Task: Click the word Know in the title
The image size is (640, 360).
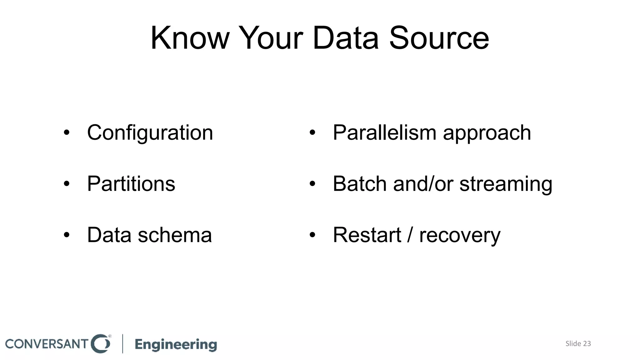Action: (190, 38)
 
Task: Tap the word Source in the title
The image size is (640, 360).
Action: (439, 38)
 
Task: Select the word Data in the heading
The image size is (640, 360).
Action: (345, 38)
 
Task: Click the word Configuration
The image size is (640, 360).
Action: (150, 133)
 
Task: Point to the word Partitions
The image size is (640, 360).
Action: (131, 184)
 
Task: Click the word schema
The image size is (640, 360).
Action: (175, 235)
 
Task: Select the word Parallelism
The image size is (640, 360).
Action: (384, 133)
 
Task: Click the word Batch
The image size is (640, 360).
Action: (359, 184)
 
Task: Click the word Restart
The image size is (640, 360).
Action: (367, 235)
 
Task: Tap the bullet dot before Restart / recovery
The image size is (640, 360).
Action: (312, 235)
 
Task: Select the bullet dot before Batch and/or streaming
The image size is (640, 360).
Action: (312, 184)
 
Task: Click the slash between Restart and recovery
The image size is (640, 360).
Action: (410, 235)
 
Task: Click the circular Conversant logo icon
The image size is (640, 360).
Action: (101, 344)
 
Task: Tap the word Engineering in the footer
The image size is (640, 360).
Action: (176, 344)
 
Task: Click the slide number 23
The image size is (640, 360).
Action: (587, 344)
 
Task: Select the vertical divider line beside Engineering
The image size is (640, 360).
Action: (122, 344)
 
